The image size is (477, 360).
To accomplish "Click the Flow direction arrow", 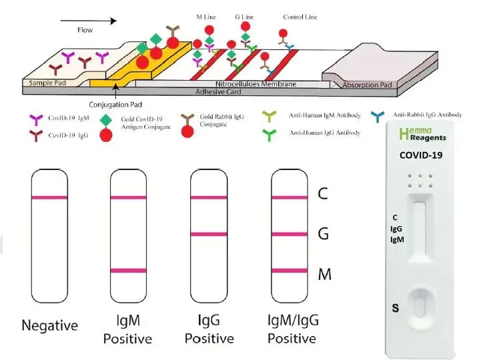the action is (89, 21).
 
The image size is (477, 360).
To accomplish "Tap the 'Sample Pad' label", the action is (47, 83).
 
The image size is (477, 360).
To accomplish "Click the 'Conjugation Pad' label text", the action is (115, 105).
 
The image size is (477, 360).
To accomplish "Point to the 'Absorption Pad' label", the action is (367, 85).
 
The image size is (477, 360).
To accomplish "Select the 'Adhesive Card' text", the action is (218, 91).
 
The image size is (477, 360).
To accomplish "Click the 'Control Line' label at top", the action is (300, 17).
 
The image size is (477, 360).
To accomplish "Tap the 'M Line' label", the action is (206, 17).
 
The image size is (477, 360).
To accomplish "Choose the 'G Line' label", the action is (244, 17).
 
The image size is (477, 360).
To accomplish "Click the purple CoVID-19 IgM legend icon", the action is (36, 120).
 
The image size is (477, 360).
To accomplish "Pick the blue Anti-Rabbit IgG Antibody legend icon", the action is (378, 117).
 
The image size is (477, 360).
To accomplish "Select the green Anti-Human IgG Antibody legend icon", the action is (270, 135).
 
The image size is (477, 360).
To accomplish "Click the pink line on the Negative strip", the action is (49, 197).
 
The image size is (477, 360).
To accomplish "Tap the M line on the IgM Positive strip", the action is (128, 271).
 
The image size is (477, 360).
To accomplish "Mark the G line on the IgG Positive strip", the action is (209, 234).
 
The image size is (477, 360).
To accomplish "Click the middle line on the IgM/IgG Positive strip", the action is (290, 234).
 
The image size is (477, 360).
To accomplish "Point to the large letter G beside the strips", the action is (323, 234).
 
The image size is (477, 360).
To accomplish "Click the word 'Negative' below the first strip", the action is (50, 325).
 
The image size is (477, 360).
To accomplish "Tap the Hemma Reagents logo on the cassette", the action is (422, 135).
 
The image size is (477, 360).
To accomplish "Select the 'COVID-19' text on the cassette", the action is (421, 155).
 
